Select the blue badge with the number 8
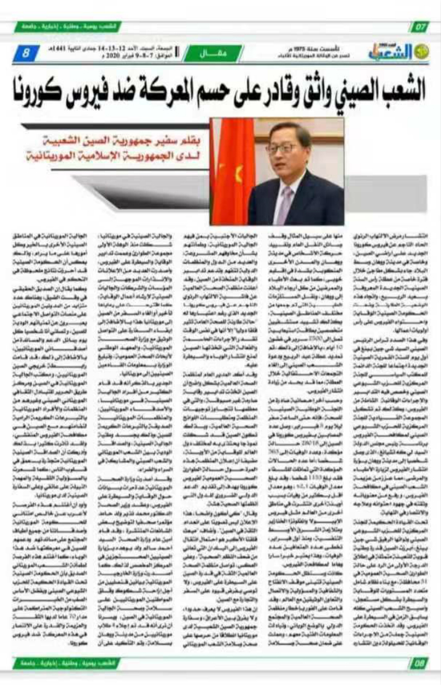pyautogui.click(x=26, y=54)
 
